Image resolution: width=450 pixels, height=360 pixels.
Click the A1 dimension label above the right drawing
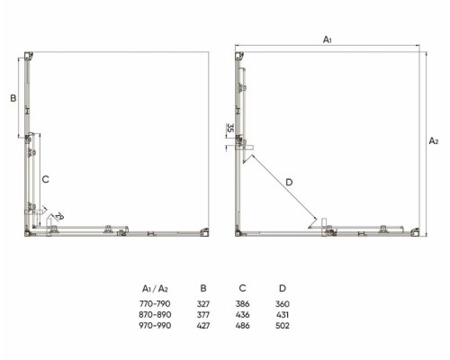point(328,40)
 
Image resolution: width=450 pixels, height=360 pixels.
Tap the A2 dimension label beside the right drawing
point(434,140)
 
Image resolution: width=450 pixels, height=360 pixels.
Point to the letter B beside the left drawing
point(13,98)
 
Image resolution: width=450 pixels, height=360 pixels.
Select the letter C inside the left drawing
point(45,179)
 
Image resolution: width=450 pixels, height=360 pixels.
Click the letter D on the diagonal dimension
point(289,182)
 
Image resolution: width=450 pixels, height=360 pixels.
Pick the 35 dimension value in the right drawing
point(229,128)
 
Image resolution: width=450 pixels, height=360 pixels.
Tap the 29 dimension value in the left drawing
point(59,216)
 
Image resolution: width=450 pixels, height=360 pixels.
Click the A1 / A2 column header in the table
point(155,289)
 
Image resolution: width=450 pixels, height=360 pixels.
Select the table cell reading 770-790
point(155,304)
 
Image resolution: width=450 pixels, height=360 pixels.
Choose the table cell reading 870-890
point(155,315)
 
